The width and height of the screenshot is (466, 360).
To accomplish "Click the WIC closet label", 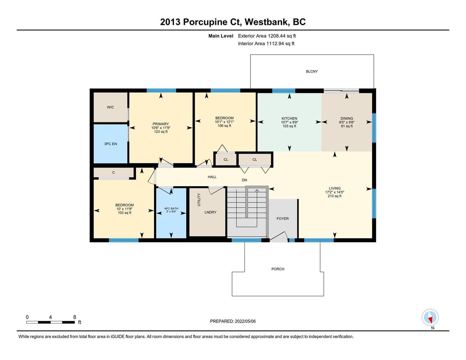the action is coord(110,107).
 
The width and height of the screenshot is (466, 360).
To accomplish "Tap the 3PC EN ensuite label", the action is coord(110,144).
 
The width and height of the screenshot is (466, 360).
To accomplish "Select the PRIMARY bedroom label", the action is coord(161,124).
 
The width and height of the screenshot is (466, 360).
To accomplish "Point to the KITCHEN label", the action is coord(289,118).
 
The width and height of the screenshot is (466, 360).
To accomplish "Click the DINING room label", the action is coord(347,118).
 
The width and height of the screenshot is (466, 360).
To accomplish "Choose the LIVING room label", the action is coord(335,188).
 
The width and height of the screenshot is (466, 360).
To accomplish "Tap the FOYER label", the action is coord(282,218).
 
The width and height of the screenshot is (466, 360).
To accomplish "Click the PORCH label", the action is coord(278,269).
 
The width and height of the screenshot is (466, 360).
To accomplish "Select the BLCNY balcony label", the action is coord(311,71).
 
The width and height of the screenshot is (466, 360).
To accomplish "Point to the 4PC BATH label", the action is coord(171,208).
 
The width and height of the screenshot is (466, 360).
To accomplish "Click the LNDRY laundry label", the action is coord(210,212).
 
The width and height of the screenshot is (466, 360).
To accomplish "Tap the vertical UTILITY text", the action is coord(199,199).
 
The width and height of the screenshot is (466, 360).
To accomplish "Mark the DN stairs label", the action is coord(244,180).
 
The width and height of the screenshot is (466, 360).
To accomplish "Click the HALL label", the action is coord(212,177).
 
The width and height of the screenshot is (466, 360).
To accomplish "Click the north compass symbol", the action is coord(430,317).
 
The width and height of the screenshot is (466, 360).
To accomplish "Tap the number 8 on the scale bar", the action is coord(75,317).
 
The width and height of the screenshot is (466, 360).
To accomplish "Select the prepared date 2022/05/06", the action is coord(245,321).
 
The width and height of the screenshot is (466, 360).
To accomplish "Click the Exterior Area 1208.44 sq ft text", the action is coord(267,36).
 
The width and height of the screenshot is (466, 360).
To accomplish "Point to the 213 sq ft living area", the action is coord(335,196).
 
